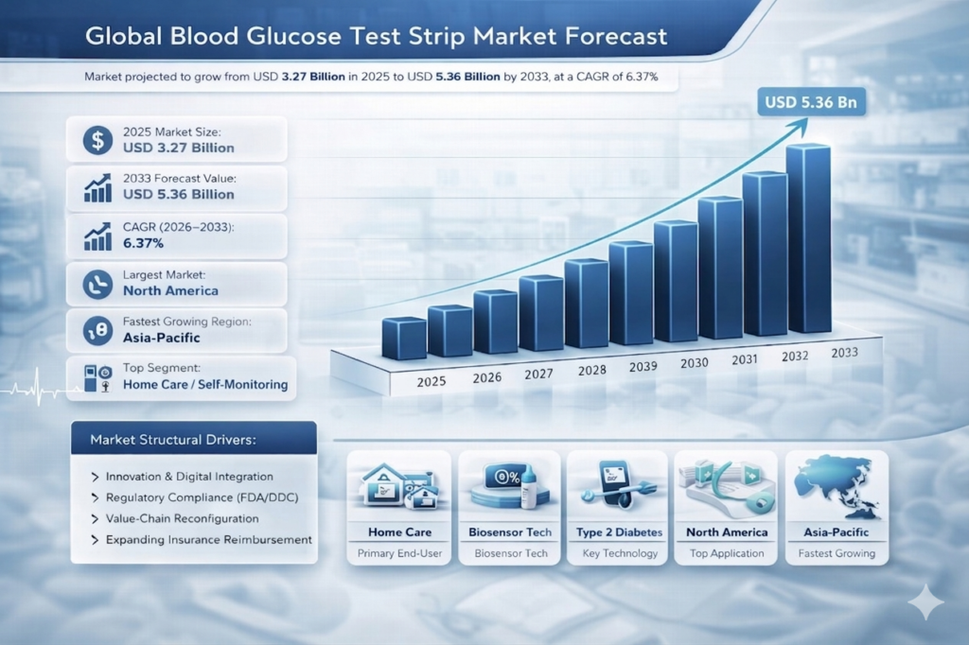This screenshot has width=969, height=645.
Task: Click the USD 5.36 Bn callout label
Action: pyautogui.click(x=813, y=102)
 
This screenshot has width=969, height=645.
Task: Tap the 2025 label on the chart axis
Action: pyautogui.click(x=431, y=382)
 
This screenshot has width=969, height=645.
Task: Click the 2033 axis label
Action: pyautogui.click(x=844, y=352)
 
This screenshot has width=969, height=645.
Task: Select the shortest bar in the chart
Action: pyautogui.click(x=404, y=338)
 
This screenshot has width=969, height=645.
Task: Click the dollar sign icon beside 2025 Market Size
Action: pyautogui.click(x=97, y=140)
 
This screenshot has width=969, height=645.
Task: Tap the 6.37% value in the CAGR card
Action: pyautogui.click(x=144, y=244)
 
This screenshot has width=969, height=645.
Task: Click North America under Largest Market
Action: pyautogui.click(x=170, y=290)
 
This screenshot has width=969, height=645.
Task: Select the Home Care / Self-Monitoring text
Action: pyautogui.click(x=204, y=385)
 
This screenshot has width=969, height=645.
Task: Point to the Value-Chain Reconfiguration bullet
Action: pyautogui.click(x=182, y=518)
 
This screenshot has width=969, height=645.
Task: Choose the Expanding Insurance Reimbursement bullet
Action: pyautogui.click(x=208, y=539)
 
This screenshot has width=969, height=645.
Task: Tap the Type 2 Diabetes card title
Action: pyautogui.click(x=619, y=532)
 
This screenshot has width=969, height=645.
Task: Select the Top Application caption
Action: pyautogui.click(x=726, y=553)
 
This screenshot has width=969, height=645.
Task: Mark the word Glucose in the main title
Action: pyautogui.click(x=317, y=37)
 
